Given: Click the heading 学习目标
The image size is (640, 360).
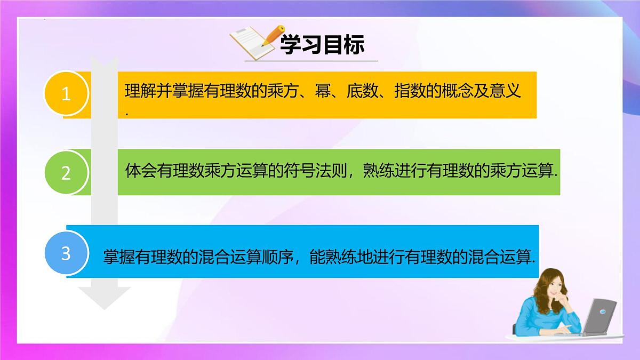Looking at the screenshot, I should tap(323, 46).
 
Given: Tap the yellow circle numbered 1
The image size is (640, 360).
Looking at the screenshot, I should tap(66, 94).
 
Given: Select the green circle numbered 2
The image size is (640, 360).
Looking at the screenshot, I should tap(66, 173).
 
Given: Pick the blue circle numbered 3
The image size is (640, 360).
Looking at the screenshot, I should tap(66, 253).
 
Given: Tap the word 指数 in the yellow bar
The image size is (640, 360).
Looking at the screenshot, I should tap(409, 91).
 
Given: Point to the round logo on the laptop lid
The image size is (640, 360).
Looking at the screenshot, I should tap(603, 311).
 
